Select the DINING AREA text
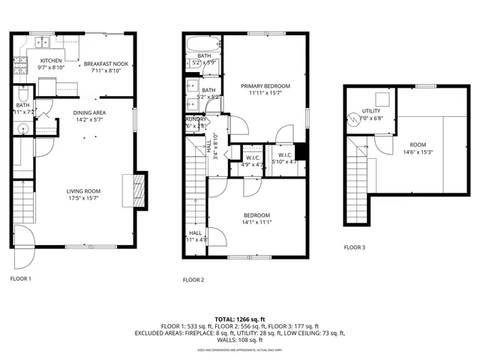coord(88,112)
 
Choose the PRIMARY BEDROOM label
coord(265,86)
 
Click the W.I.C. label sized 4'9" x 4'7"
coord(249,157)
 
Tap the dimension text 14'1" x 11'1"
coord(256,222)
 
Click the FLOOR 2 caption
coord(193,280)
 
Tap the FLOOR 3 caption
coord(355,247)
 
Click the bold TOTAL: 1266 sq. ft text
coord(239,319)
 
